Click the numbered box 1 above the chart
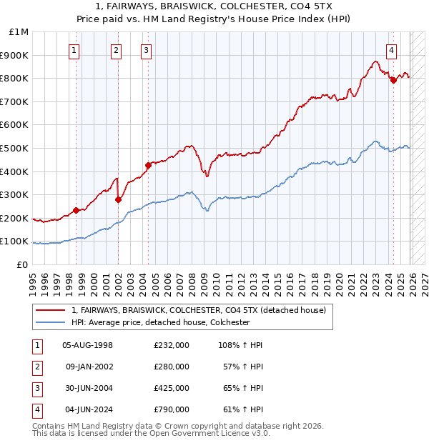tap(75, 50)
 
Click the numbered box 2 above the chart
tap(117, 50)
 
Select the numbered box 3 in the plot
tap(146, 50)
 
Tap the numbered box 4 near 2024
tap(392, 50)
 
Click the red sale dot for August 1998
tap(76, 211)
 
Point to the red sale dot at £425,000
tap(148, 166)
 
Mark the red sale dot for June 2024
tap(393, 81)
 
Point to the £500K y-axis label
tap(16, 149)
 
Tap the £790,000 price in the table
tap(172, 409)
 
